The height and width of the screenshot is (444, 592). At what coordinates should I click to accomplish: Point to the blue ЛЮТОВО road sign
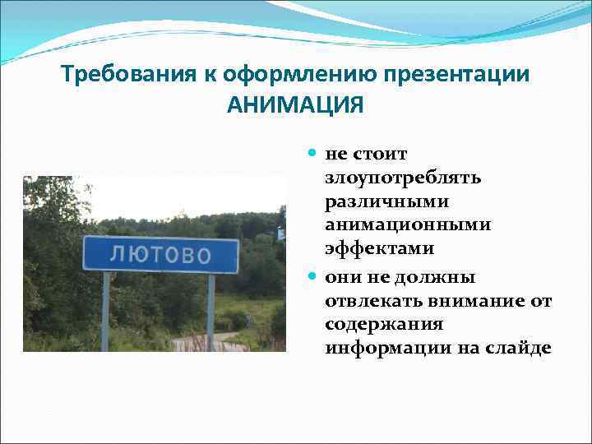click(160, 254)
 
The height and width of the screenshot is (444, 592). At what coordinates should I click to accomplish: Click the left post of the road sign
click(105, 312)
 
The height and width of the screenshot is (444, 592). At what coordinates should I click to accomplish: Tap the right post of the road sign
click(211, 312)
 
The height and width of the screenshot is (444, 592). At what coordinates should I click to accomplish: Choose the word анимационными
click(408, 224)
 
